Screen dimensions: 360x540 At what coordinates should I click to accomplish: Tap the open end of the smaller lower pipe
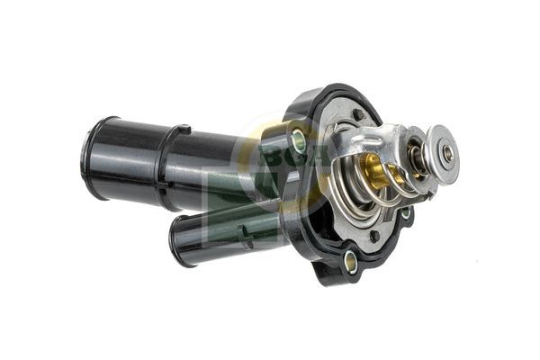(176, 238)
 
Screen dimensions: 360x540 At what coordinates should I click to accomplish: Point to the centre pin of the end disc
(447, 153)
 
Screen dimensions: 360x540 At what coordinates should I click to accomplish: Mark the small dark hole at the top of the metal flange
(358, 114)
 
